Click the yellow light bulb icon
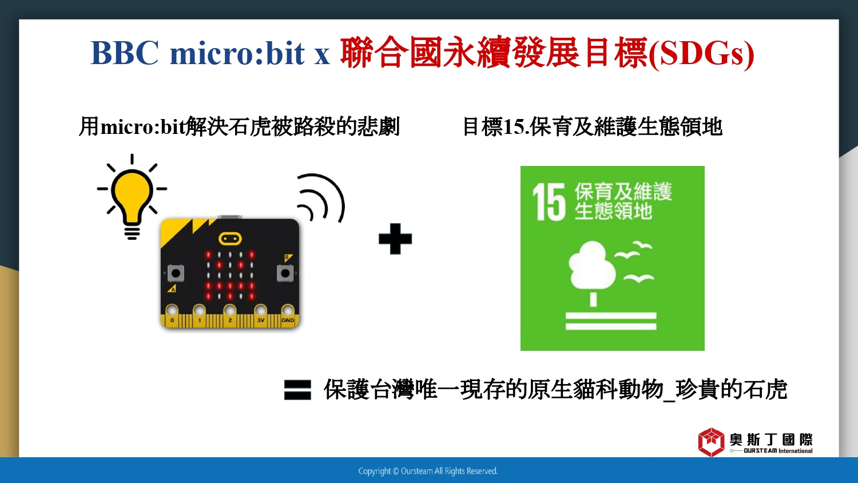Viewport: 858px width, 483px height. [x=132, y=197]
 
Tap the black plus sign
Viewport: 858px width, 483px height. [x=395, y=239]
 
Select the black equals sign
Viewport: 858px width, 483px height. [x=297, y=390]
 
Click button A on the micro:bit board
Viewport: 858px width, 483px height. [x=176, y=274]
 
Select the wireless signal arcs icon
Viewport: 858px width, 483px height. [x=321, y=198]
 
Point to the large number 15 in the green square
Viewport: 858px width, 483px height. [x=549, y=201]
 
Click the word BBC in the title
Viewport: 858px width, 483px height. [x=125, y=53]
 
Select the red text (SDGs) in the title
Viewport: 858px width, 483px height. [x=701, y=54]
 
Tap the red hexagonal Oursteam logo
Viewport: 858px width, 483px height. [x=712, y=442]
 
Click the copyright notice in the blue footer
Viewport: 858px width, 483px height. [x=428, y=471]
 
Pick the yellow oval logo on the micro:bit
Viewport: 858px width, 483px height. [x=230, y=239]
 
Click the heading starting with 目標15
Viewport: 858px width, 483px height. [x=592, y=126]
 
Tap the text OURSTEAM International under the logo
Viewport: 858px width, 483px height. [x=778, y=451]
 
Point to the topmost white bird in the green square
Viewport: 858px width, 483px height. [x=642, y=245]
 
